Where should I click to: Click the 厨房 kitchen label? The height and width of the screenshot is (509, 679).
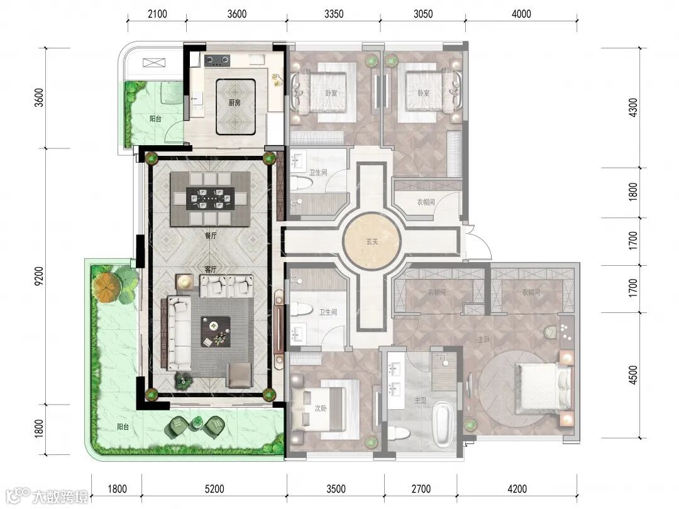point(235,102)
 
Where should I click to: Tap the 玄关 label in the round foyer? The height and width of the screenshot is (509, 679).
point(372,241)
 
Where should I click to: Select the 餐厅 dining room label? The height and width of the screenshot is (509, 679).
point(211,236)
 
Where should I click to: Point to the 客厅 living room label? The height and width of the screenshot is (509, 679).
point(211,270)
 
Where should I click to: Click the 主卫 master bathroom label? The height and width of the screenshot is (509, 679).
point(421,401)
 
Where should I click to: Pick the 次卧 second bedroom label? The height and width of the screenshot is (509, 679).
point(321,408)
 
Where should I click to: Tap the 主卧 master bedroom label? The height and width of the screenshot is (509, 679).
point(483,340)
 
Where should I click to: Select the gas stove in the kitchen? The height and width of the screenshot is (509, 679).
point(217,60)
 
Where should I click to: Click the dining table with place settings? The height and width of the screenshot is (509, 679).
point(211,199)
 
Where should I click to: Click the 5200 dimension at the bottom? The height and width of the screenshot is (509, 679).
point(214,489)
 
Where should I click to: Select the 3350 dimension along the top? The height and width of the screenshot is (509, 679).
point(334,14)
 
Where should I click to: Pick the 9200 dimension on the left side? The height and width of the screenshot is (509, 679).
point(39,276)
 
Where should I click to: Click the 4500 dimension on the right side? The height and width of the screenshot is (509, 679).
point(633,375)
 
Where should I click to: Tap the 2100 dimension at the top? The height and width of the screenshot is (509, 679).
point(157,14)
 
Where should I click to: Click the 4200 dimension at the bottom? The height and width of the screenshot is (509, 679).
point(517,489)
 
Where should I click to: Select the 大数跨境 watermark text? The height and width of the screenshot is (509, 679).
point(60,496)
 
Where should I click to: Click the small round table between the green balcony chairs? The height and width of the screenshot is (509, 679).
point(197,423)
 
